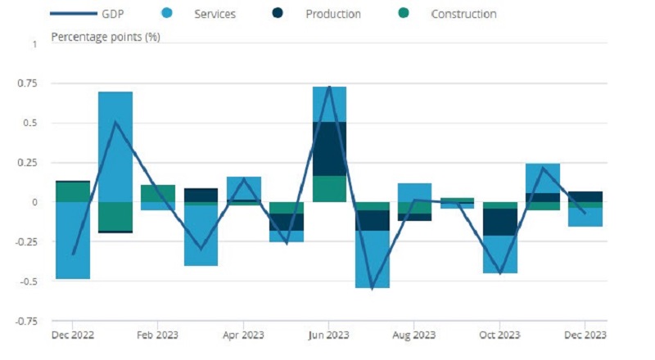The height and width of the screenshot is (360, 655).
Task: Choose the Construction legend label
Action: point(463,14)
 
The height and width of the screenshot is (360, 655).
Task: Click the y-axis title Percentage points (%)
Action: point(105,37)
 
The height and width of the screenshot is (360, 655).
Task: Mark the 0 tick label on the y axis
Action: point(34,202)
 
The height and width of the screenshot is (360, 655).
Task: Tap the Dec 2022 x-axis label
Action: point(72,335)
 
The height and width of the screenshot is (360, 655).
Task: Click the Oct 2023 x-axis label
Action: point(499,335)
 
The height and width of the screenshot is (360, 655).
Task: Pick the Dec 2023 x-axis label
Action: point(585,335)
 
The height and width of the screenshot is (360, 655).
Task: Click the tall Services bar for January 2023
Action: point(115,146)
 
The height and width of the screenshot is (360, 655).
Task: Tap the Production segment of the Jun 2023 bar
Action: point(329,148)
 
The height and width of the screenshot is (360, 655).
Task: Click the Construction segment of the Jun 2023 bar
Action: point(329,188)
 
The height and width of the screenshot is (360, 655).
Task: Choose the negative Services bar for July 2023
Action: point(372,259)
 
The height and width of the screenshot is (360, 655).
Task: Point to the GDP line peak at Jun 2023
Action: point(329,87)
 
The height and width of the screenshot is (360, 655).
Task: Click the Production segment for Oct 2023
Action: point(499,222)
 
